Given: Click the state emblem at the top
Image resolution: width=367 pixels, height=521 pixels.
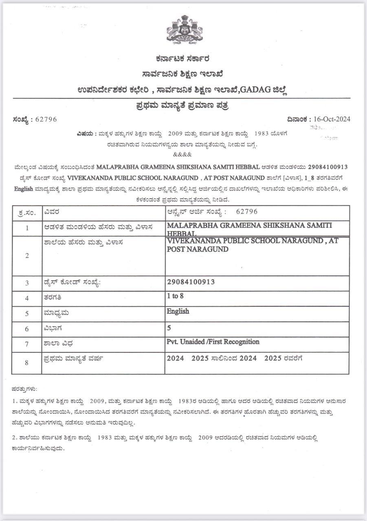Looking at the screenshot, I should (x=184, y=29).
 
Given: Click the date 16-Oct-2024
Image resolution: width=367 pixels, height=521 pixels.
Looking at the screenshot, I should (x=331, y=119).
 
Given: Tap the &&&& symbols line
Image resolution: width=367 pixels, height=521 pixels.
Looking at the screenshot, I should (x=182, y=154).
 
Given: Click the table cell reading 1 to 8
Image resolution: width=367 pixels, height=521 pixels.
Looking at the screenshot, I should (x=175, y=296).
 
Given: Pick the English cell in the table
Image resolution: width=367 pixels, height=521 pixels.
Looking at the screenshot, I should (x=178, y=311).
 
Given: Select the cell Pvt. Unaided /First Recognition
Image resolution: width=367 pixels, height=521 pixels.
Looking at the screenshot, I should (x=213, y=342).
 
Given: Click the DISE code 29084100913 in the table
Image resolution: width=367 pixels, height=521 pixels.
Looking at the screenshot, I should (x=191, y=282).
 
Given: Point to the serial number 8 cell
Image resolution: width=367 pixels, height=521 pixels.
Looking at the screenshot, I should (x=27, y=362).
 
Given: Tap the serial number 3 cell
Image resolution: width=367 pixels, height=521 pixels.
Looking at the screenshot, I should (x=27, y=283).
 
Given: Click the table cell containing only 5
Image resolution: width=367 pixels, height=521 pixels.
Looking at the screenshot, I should (x=169, y=327).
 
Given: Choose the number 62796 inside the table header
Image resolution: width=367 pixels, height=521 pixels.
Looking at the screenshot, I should (x=247, y=212).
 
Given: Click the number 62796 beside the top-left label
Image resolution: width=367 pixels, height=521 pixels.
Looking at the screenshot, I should (x=46, y=119).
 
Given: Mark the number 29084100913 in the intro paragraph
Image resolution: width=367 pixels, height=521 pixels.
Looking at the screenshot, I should (x=328, y=167).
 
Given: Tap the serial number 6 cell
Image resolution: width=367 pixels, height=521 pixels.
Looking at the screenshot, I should (x=27, y=329).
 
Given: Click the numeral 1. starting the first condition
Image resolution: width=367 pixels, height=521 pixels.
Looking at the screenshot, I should (x=15, y=401).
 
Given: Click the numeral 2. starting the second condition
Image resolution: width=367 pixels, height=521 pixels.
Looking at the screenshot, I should (x=15, y=438).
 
